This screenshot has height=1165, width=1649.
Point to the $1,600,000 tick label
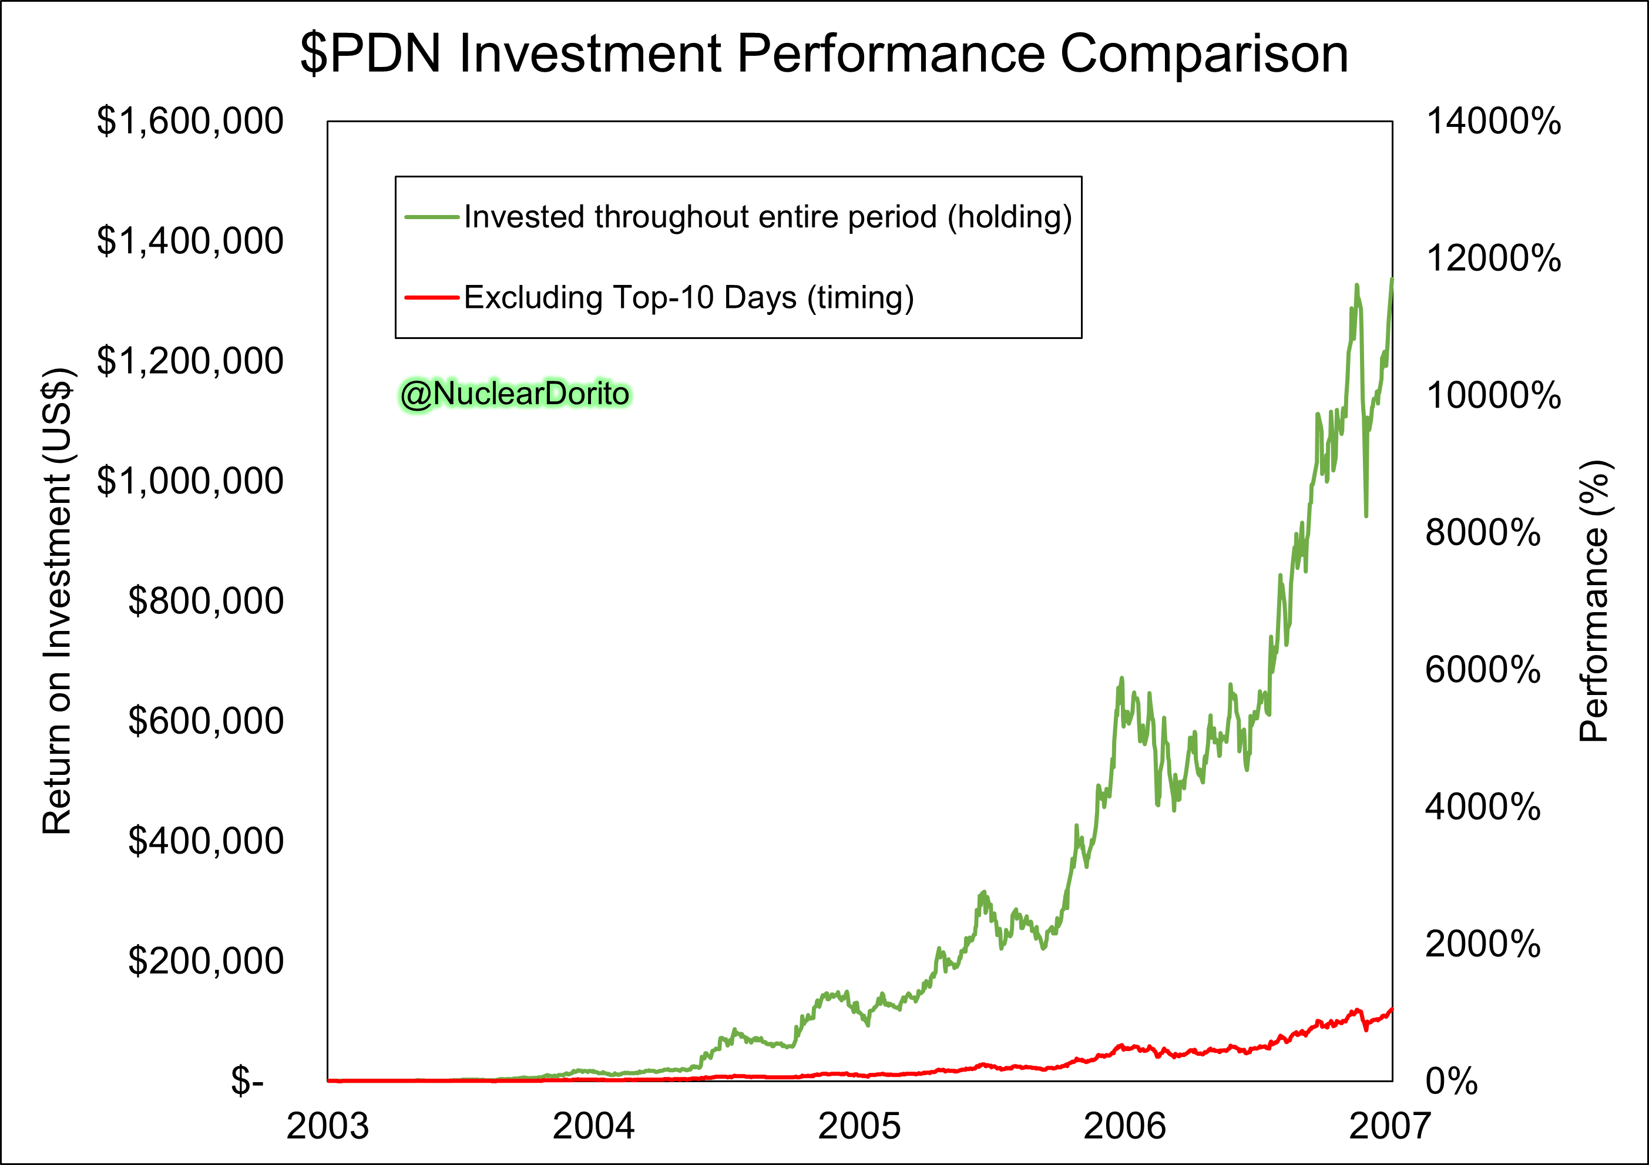click(190, 120)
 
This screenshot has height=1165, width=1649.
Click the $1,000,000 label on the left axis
click(190, 481)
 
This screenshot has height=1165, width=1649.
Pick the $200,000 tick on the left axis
click(206, 961)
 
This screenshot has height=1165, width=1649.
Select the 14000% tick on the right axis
click(1493, 120)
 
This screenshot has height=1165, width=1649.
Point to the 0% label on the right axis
click(1452, 1080)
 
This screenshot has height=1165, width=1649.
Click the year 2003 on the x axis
click(327, 1126)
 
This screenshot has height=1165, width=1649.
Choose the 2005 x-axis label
click(859, 1126)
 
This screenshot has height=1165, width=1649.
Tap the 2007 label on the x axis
click(1390, 1126)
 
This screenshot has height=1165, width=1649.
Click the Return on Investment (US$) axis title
click(58, 600)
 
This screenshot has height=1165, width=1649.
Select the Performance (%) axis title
click(1596, 600)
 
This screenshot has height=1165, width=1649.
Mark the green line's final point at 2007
click(1392, 278)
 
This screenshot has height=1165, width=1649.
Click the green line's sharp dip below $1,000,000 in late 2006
click(1366, 516)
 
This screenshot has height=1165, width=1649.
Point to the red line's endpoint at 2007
click(1392, 1009)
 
